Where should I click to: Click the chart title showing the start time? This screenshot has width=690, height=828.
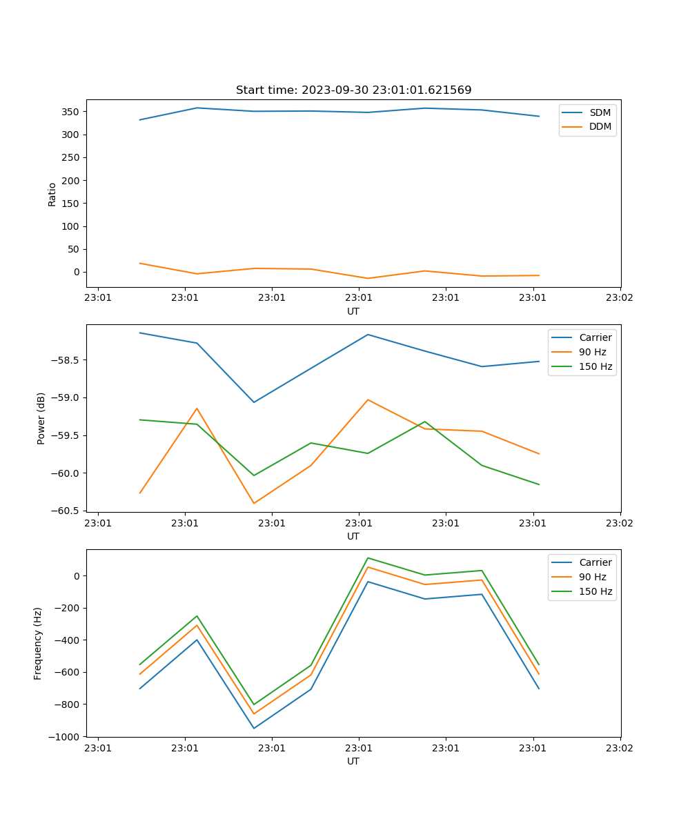pyautogui.click(x=353, y=90)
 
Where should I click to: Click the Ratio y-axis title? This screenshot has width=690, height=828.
pyautogui.click(x=52, y=194)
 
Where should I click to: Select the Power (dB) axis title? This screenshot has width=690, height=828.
pyautogui.click(x=41, y=418)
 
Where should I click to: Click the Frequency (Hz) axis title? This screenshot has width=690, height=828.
pyautogui.click(x=38, y=643)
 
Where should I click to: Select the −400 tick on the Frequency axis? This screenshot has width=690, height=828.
pyautogui.click(x=69, y=640)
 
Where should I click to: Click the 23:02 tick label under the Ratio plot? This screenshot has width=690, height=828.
pyautogui.click(x=620, y=298)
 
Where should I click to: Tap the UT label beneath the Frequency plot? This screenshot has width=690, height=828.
pyautogui.click(x=353, y=761)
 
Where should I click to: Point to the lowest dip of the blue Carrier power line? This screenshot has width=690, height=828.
pyautogui.click(x=254, y=402)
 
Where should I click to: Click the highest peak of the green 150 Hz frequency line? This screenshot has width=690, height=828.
pyautogui.click(x=368, y=558)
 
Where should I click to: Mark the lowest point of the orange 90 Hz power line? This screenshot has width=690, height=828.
pyautogui.click(x=254, y=503)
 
